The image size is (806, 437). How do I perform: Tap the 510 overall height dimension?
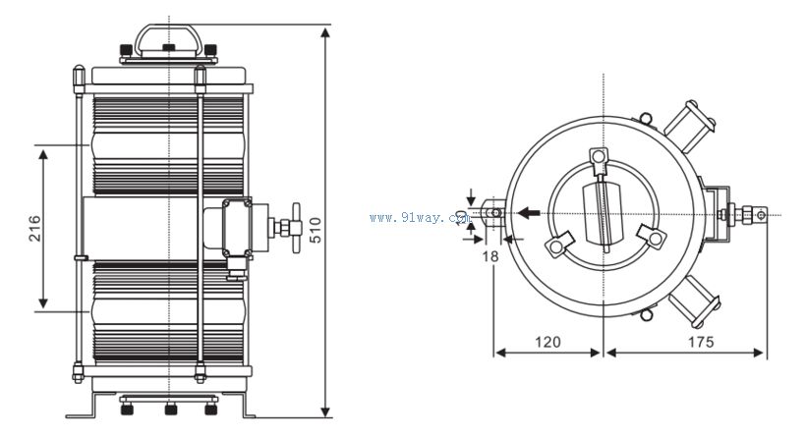(x=315, y=229)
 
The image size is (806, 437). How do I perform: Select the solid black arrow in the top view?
(x=530, y=212)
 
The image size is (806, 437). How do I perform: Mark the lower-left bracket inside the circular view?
(x=560, y=245)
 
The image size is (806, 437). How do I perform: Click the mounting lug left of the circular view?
(x=489, y=212)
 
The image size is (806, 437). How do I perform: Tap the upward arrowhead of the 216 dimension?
(x=43, y=153)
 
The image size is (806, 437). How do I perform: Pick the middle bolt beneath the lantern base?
(x=169, y=406)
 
